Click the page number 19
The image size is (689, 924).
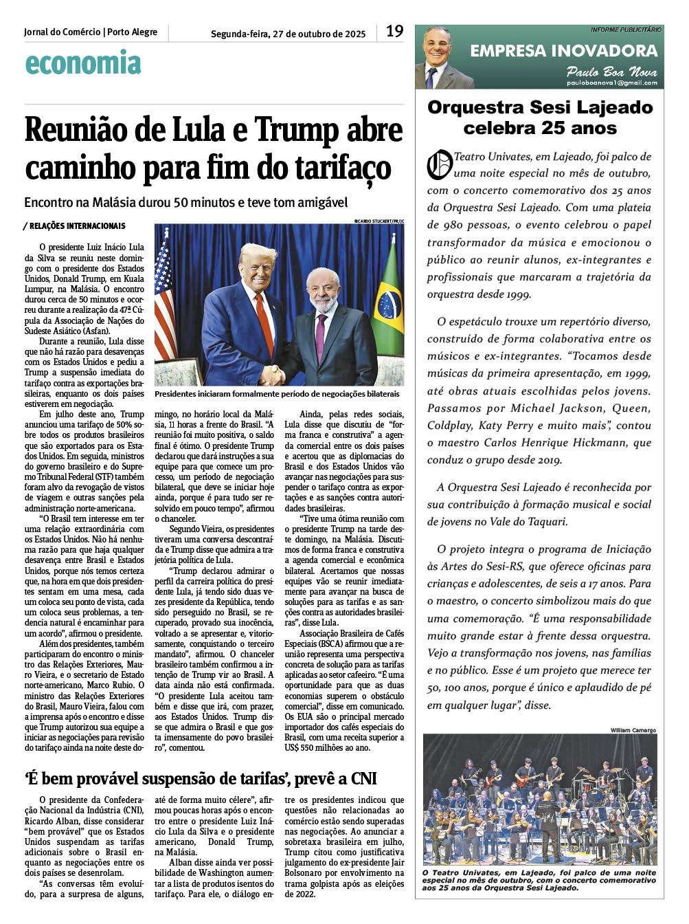tap(394, 31)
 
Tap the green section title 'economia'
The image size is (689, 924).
tap(82, 63)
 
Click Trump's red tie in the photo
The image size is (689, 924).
tap(264, 324)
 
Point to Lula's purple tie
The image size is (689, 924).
tap(321, 336)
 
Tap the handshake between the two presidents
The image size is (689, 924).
tap(273, 375)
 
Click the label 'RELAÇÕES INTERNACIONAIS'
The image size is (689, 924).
tap(77, 226)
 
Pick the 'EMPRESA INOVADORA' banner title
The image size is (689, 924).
tap(563, 50)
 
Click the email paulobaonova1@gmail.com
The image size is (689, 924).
tap(611, 82)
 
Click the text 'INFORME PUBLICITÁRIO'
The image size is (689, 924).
tap(625, 30)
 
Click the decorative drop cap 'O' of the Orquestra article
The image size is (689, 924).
tap(440, 164)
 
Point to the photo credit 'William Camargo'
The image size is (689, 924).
tap(633, 730)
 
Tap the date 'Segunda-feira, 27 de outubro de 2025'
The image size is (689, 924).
tap(288, 34)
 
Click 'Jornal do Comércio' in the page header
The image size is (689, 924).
tap(62, 32)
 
